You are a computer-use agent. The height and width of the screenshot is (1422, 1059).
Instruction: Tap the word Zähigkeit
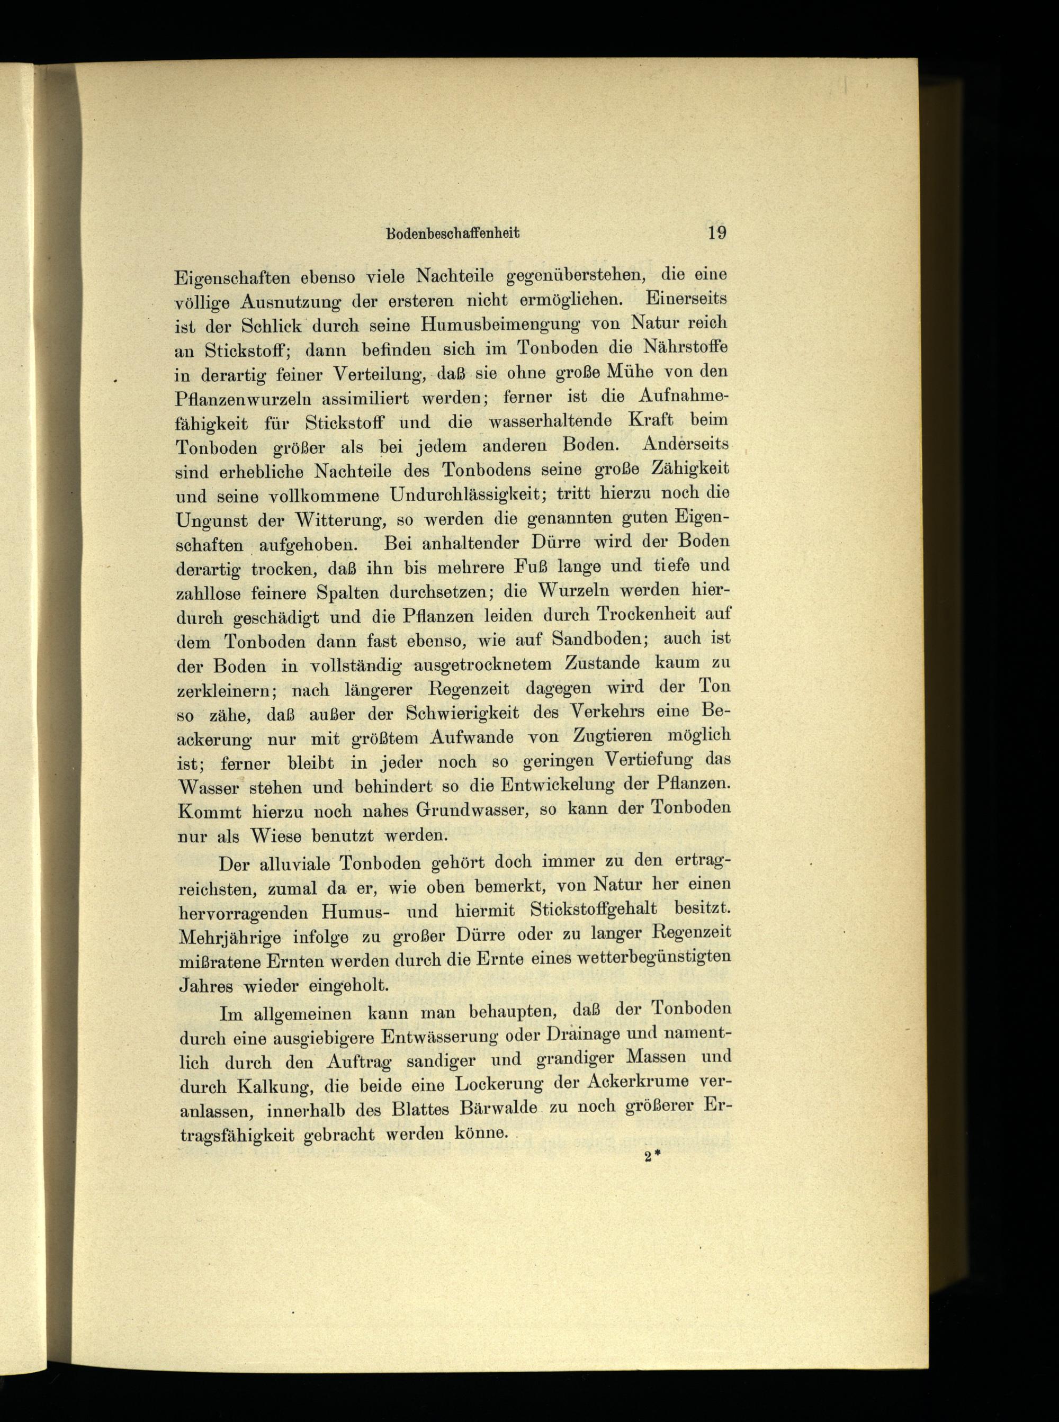click(690, 469)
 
